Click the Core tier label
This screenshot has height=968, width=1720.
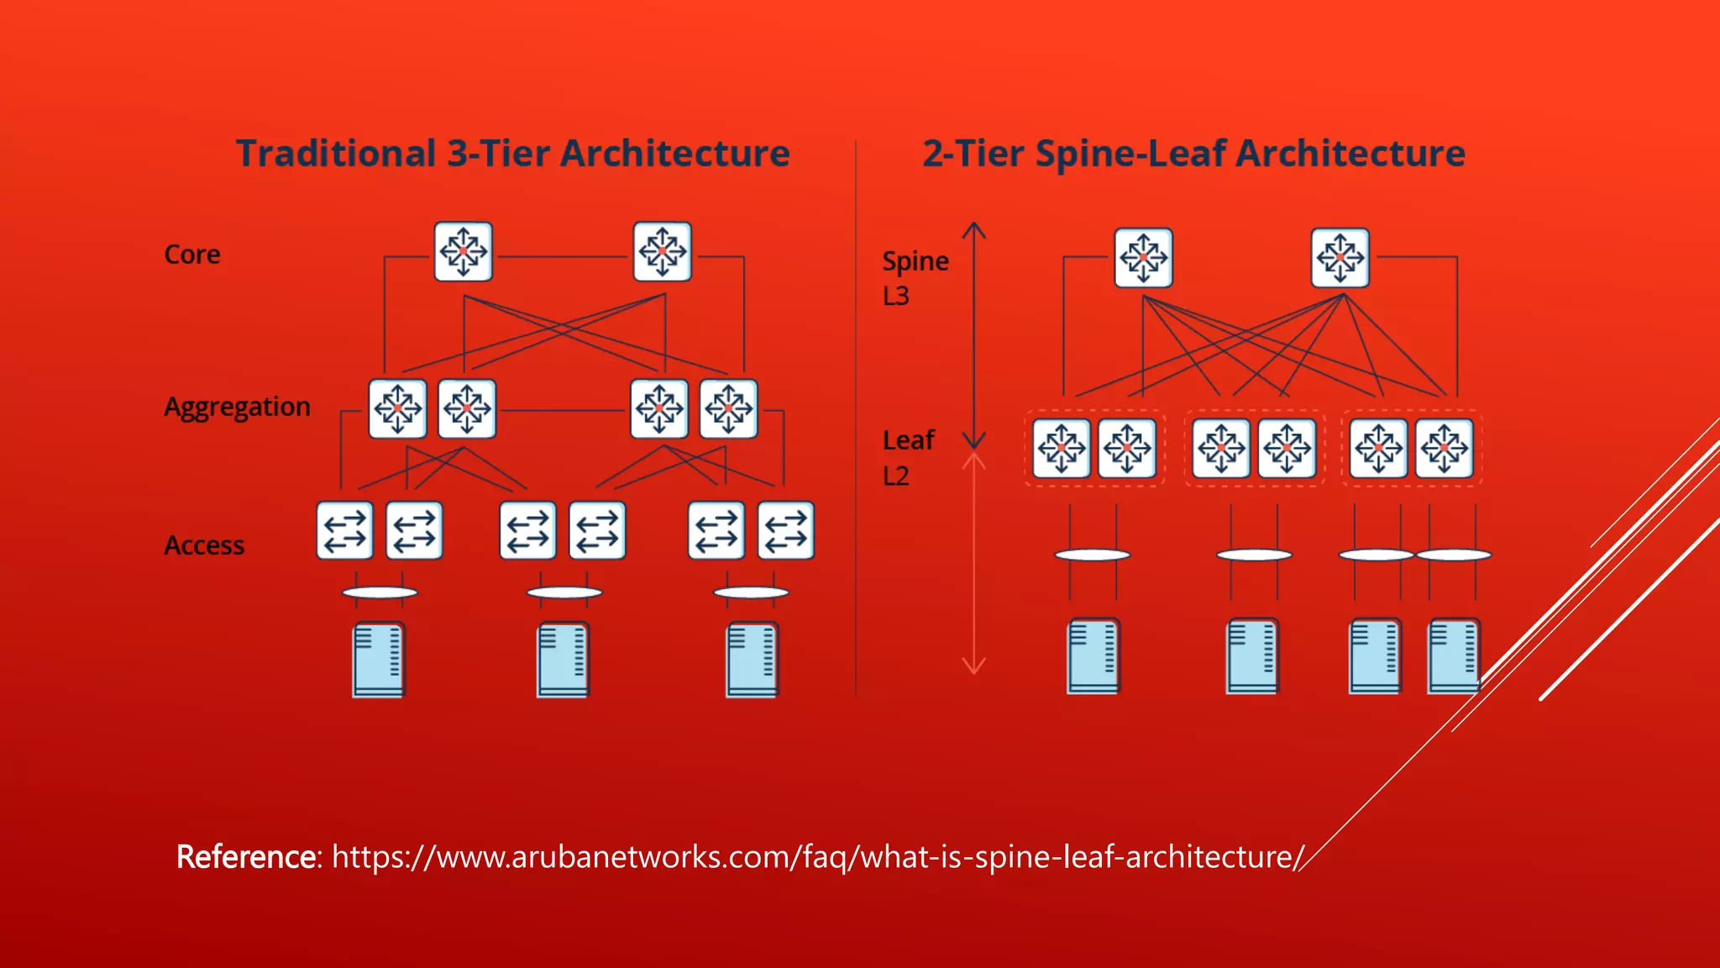(x=192, y=255)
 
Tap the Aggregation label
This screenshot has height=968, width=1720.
(x=237, y=408)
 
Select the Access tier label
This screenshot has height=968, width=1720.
(x=204, y=545)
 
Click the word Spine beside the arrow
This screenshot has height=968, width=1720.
(x=915, y=262)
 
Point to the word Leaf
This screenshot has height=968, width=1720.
(x=908, y=440)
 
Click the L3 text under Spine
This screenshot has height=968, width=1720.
(x=896, y=297)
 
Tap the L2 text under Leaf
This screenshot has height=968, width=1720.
(x=896, y=476)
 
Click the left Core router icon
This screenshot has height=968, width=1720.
(x=463, y=251)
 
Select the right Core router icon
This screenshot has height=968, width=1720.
(x=662, y=251)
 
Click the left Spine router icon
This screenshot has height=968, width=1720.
(x=1143, y=258)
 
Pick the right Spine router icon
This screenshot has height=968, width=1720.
(x=1340, y=258)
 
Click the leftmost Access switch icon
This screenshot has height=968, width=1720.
(x=344, y=531)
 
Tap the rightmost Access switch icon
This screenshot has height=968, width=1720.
(x=785, y=531)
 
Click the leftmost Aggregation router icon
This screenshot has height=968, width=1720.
(x=397, y=409)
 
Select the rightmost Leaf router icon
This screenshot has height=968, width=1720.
(x=1444, y=449)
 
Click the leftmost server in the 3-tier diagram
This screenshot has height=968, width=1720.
(x=379, y=660)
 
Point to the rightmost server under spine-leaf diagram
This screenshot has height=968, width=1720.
(x=1453, y=656)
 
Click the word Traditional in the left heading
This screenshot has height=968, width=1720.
(x=335, y=154)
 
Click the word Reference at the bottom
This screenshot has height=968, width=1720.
(x=245, y=857)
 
